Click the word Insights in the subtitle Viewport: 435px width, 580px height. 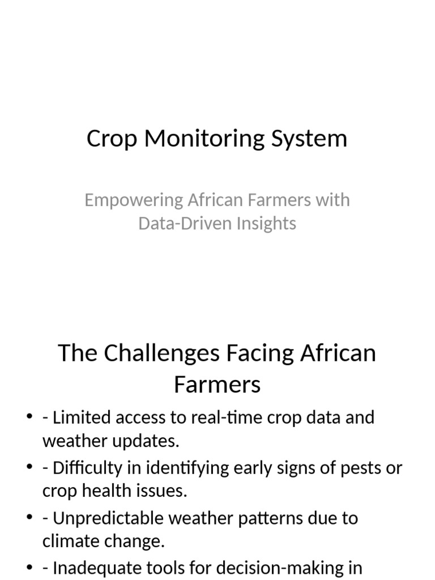(x=266, y=223)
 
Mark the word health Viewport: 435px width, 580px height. (x=114, y=491)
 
